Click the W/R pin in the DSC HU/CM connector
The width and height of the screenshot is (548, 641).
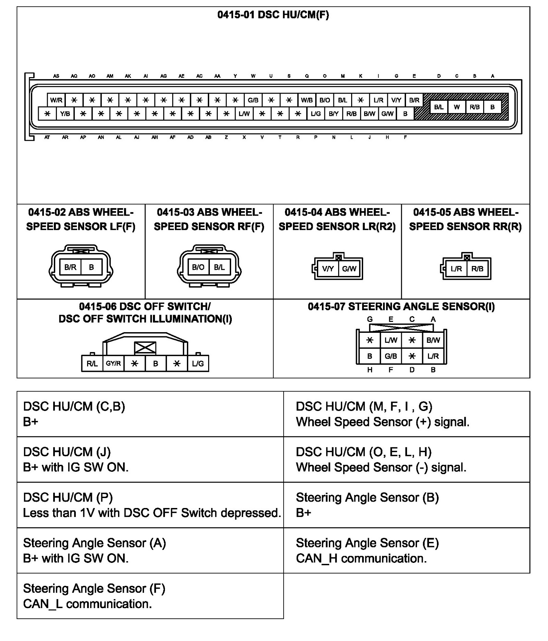(x=56, y=100)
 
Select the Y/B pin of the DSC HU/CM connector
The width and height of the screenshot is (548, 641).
(x=65, y=113)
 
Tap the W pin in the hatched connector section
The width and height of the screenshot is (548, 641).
(x=456, y=107)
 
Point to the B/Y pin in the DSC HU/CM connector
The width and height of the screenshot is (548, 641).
(x=333, y=113)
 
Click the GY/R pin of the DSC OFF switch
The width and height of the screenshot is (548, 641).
(x=113, y=363)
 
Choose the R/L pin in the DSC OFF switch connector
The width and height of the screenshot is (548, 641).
(x=92, y=363)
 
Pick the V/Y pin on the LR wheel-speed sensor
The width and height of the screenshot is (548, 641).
(x=328, y=269)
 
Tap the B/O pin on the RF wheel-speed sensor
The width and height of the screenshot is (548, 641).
(x=198, y=267)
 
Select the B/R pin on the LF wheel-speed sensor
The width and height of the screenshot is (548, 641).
(x=70, y=267)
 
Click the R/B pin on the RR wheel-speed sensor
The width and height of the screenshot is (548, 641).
(x=477, y=269)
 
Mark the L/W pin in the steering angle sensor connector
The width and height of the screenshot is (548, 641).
(x=391, y=340)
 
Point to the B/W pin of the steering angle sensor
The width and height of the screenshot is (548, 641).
(x=433, y=340)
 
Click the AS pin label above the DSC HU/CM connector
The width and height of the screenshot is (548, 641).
(x=56, y=76)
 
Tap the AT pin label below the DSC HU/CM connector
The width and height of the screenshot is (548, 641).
(x=47, y=137)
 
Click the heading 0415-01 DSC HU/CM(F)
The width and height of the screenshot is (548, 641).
(x=273, y=15)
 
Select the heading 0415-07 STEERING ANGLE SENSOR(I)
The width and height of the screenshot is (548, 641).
(x=401, y=306)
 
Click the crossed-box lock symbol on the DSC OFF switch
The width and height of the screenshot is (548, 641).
(x=145, y=348)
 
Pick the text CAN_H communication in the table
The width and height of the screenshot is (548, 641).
(x=361, y=558)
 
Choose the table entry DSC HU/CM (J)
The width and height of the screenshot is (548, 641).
(x=67, y=452)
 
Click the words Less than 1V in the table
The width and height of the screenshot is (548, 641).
(x=52, y=513)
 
